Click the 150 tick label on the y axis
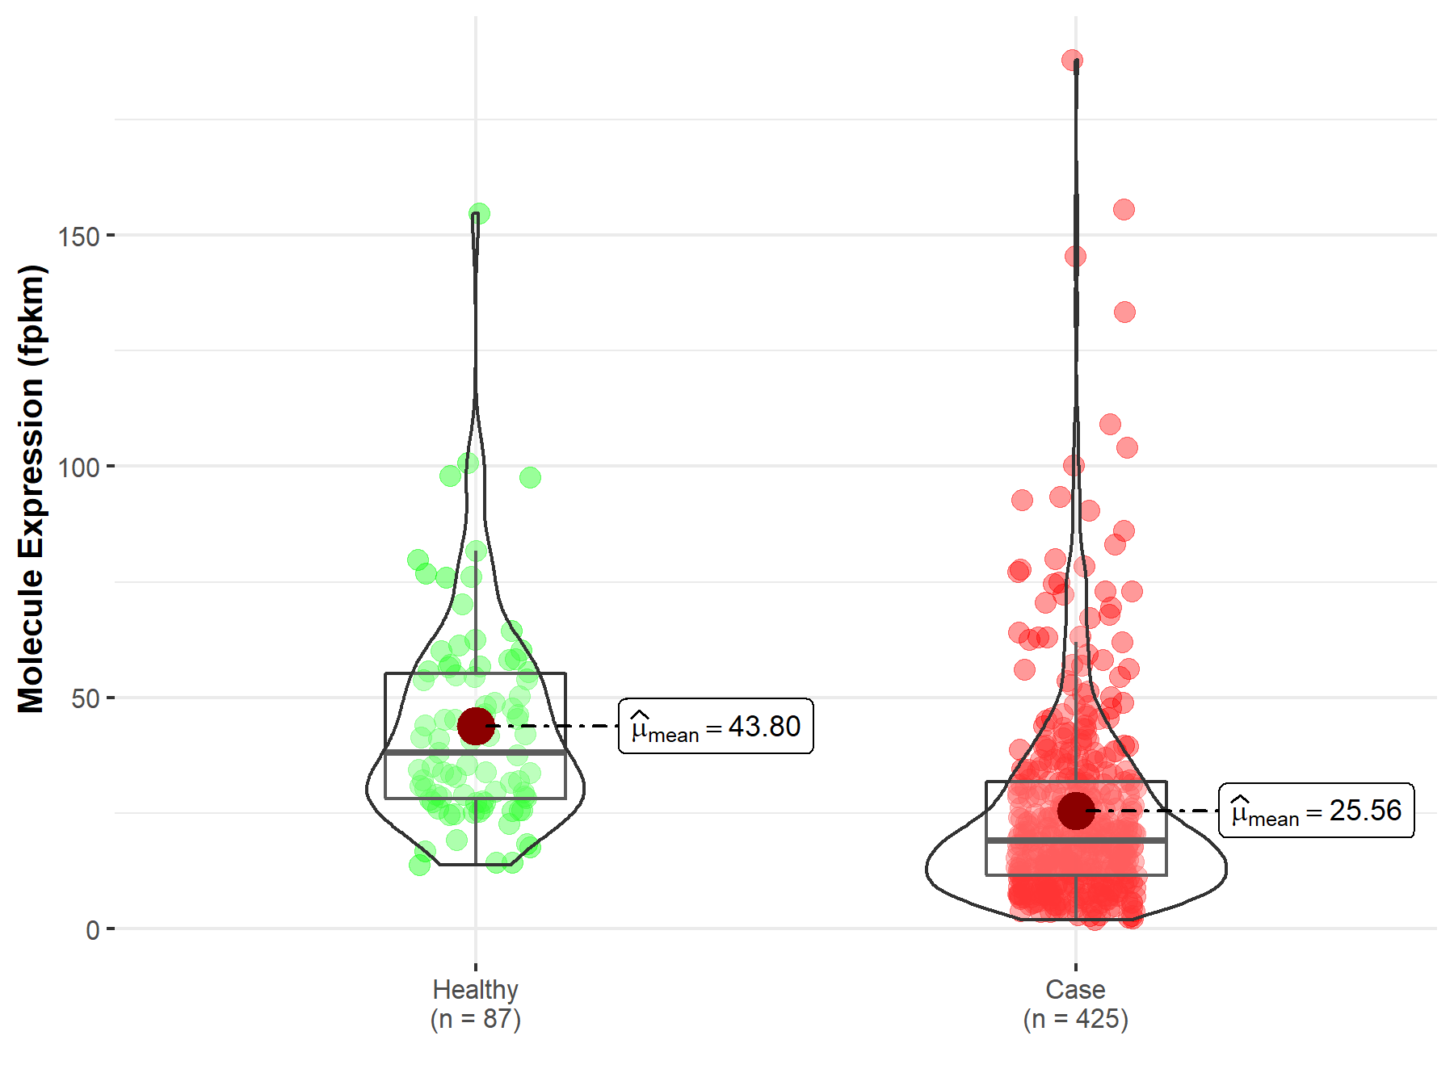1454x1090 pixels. coord(78,237)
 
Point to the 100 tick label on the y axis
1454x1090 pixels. coord(78,467)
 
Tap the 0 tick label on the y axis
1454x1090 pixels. coord(92,930)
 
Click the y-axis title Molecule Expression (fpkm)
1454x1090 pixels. coord(32,488)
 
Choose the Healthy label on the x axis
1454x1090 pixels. coord(475,989)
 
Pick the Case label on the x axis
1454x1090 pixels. coord(1075,989)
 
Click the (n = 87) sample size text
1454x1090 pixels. coord(475,1019)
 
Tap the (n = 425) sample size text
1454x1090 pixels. coord(1075,1019)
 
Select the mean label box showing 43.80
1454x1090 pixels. coord(716,726)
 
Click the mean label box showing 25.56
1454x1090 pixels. coord(1316,810)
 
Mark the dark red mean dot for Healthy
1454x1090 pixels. coord(476,726)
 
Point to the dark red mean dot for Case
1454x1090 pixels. coord(1076,811)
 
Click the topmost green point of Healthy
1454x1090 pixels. coord(479,214)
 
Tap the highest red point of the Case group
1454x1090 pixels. coord(1072,60)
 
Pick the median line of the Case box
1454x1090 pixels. coord(1034,841)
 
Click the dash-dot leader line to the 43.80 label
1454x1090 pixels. coord(557,726)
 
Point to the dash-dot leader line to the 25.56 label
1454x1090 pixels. coord(1155,810)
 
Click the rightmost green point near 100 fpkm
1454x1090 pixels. coord(530,477)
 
